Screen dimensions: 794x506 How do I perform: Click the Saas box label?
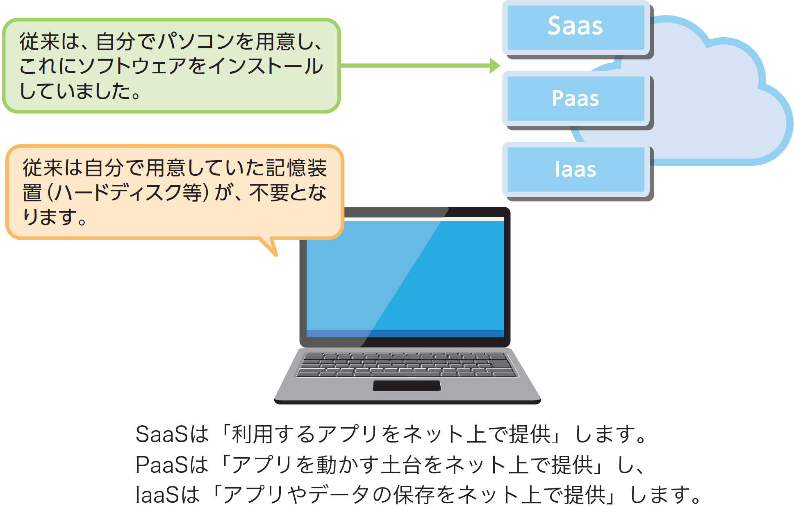click(575, 26)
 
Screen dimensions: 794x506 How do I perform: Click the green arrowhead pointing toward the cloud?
click(495, 66)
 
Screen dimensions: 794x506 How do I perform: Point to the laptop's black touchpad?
click(407, 386)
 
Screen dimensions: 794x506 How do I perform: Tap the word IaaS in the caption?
click(157, 495)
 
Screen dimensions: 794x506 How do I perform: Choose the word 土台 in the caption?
click(402, 465)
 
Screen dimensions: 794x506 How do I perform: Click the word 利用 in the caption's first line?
click(253, 434)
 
